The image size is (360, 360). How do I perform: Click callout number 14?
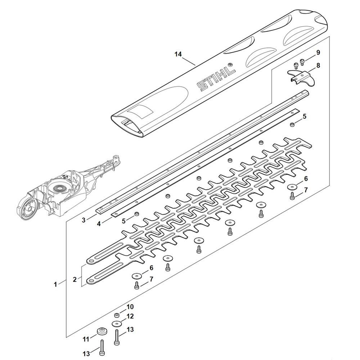(178, 54)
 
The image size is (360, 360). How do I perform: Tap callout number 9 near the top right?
(318, 53)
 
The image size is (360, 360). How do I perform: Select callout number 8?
(318, 66)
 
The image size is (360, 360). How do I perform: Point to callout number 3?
(84, 220)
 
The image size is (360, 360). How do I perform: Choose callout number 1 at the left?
(55, 284)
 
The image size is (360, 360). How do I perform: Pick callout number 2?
(75, 279)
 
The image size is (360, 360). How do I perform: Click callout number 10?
(130, 307)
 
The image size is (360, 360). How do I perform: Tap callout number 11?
(86, 339)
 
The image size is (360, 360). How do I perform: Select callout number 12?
(130, 316)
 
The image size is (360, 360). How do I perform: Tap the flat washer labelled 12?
(116, 323)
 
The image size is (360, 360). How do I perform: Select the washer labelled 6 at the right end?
(292, 187)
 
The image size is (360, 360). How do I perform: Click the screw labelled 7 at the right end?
(292, 196)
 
